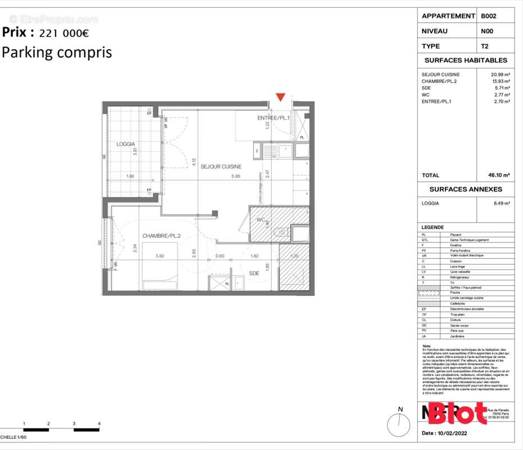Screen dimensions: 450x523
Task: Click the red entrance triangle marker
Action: (x=280, y=97)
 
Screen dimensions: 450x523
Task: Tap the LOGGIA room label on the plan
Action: (x=125, y=144)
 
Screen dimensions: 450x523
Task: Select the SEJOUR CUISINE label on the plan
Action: (x=221, y=166)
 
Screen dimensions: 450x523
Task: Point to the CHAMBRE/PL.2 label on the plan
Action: (x=161, y=236)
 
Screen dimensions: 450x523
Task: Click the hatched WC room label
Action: (x=261, y=219)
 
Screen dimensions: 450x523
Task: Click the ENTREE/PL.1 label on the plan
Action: (x=273, y=118)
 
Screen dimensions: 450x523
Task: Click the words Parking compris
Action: (x=57, y=52)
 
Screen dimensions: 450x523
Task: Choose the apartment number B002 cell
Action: (x=488, y=16)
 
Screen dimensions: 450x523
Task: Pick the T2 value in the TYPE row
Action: (x=484, y=46)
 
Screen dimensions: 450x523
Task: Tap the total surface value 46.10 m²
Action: (x=499, y=175)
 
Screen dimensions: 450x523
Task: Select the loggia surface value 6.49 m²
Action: (x=502, y=203)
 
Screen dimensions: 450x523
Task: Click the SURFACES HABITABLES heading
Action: (x=466, y=60)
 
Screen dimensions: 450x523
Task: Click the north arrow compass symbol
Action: (x=398, y=423)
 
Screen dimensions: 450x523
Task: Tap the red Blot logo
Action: (x=457, y=413)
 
